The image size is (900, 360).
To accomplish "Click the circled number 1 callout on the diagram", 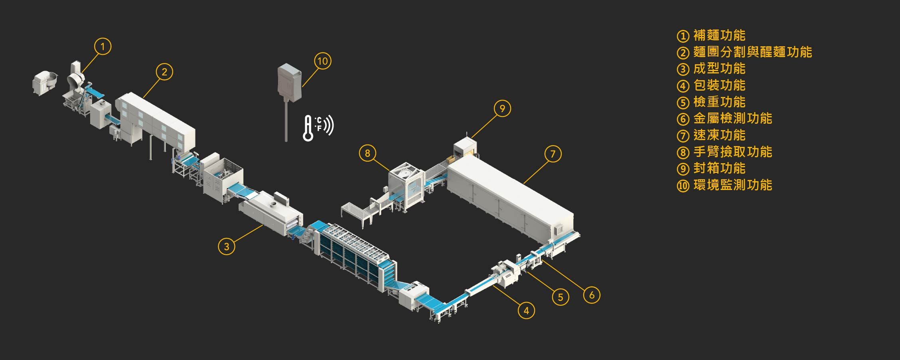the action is click(103, 46).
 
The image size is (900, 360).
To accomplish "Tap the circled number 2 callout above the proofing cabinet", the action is click(164, 72).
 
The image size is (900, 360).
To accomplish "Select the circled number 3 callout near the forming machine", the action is click(227, 246).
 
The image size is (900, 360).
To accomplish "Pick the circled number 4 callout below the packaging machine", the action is click(526, 310).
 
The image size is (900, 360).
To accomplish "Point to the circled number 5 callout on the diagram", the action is click(561, 297).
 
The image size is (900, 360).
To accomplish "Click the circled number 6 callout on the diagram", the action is click(592, 295).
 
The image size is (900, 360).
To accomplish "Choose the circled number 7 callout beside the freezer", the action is click(553, 154).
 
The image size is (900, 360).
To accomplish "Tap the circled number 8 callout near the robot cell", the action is click(367, 153).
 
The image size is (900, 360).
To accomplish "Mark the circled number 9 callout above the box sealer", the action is click(502, 108).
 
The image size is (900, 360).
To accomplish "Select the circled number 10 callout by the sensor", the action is click(323, 61).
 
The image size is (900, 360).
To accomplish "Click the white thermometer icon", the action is click(308, 128).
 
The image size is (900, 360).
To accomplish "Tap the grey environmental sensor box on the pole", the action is click(289, 83).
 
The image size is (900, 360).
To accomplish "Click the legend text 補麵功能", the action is click(719, 36).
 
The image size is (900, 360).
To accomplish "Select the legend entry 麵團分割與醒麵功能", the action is click(752, 52).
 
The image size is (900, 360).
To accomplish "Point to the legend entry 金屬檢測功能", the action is click(733, 119).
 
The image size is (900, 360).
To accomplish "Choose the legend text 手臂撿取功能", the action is click(733, 152).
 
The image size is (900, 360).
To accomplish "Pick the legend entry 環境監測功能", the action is click(733, 185).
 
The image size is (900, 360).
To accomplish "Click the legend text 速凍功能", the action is click(719, 135).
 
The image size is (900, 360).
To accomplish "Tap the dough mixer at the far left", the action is click(45, 83).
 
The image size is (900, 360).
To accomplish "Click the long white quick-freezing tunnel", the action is click(511, 196).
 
